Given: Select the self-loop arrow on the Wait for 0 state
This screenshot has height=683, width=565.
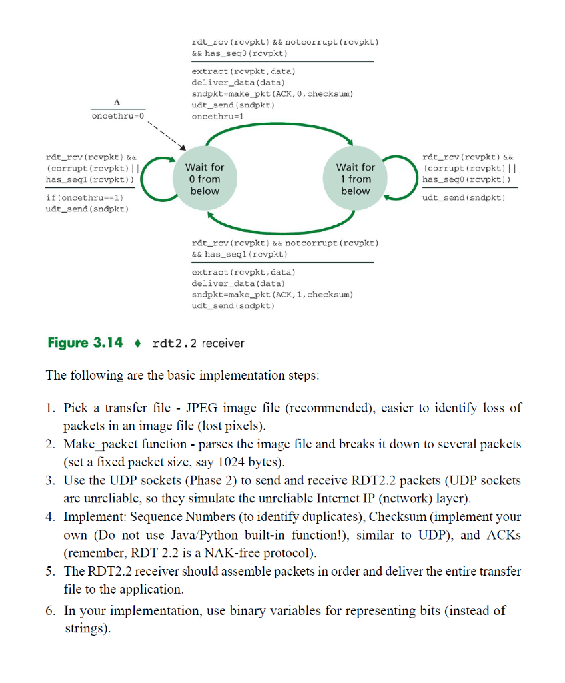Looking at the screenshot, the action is click(151, 179).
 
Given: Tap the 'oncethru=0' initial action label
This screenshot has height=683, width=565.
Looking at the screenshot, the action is click(117, 116).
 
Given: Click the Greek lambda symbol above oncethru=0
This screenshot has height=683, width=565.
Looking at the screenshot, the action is click(117, 102).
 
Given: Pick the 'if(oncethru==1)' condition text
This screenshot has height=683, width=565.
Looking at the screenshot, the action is click(85, 199).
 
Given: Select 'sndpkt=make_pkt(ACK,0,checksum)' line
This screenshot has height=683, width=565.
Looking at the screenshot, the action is click(272, 94).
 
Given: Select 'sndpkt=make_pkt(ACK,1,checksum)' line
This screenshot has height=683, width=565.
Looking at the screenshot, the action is click(272, 294).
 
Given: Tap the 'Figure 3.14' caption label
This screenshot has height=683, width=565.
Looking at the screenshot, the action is click(85, 343).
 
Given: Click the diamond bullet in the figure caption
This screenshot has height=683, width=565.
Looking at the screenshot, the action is click(138, 343).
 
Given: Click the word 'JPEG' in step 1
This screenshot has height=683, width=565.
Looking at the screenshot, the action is click(202, 408).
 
